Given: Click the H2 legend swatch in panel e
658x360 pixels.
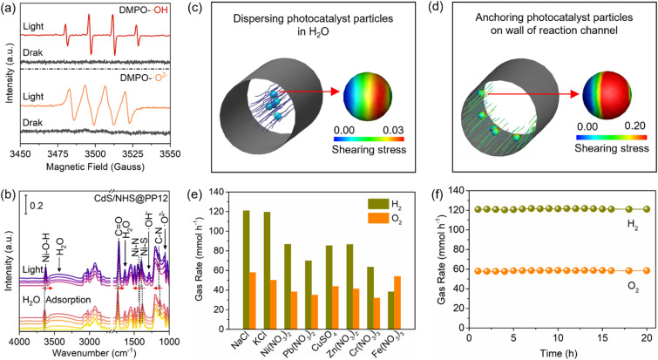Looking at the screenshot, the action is [377, 204].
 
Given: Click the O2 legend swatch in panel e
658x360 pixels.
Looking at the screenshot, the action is [377, 218].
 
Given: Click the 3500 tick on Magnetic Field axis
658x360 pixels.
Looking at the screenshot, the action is [95, 153].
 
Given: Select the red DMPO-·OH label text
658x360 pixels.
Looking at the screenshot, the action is [144, 9].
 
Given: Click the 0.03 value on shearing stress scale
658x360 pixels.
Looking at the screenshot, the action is [393, 130].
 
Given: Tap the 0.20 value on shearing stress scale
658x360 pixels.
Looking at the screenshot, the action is [634, 126].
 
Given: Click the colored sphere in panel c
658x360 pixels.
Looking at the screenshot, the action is [368, 96].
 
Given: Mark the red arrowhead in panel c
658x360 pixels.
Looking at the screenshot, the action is [335, 91].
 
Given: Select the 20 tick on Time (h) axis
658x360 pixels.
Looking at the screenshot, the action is [647, 338].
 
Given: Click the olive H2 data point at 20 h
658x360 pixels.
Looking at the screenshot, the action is [647, 209].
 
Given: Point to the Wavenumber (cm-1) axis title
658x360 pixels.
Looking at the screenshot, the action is [94, 351].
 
